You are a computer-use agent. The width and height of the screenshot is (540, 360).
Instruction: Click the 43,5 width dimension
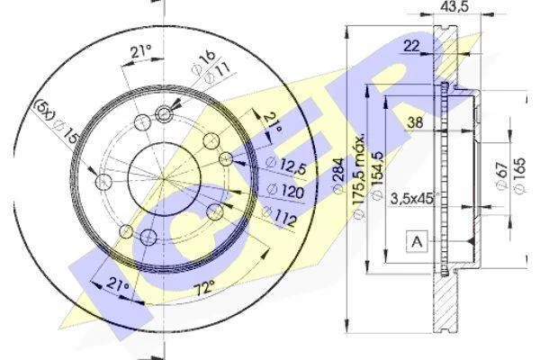click(454, 6)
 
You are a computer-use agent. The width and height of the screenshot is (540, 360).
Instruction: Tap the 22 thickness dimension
click(411, 46)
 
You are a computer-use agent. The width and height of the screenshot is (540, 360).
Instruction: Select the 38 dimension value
click(415, 122)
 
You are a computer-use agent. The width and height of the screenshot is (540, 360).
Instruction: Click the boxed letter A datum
click(417, 241)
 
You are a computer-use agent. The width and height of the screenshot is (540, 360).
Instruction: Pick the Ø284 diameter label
click(338, 175)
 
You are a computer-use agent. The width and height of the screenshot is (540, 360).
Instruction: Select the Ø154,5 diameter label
click(377, 175)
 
